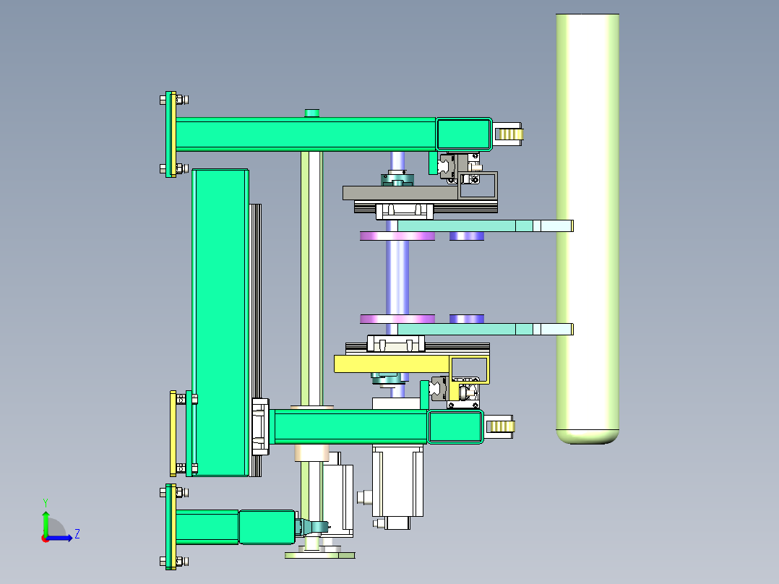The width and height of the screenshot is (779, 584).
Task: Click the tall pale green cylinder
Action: click(x=588, y=228)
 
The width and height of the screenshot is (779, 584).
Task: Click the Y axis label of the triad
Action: click(x=46, y=502)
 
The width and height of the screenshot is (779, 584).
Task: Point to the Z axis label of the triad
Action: click(x=77, y=534)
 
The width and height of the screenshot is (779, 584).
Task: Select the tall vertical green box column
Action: click(x=220, y=322)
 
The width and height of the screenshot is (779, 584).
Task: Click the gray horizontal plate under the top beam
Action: click(x=400, y=193)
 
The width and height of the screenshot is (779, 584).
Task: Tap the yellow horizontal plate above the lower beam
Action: click(x=392, y=364)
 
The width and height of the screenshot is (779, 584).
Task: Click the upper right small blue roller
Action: click(x=467, y=236)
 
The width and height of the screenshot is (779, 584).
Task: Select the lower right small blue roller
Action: click(x=467, y=319)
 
